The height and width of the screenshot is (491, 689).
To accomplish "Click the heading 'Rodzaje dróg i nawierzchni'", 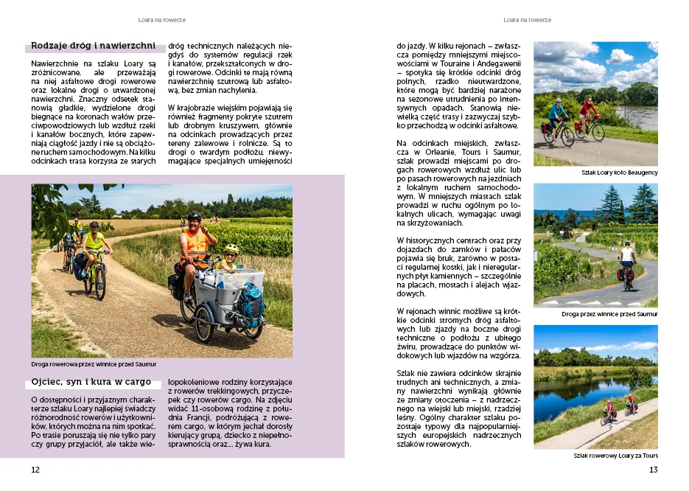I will [93, 46].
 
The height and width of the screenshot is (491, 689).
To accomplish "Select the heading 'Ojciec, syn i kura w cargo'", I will [91, 383].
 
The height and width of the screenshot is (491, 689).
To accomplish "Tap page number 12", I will [35, 470].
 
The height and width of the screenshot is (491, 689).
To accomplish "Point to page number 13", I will [652, 470].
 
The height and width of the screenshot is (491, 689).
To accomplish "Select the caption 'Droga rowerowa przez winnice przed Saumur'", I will [94, 364].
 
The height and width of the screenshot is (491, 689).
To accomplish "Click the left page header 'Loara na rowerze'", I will [161, 20].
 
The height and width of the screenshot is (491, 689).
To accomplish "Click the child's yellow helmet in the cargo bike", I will [231, 249].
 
